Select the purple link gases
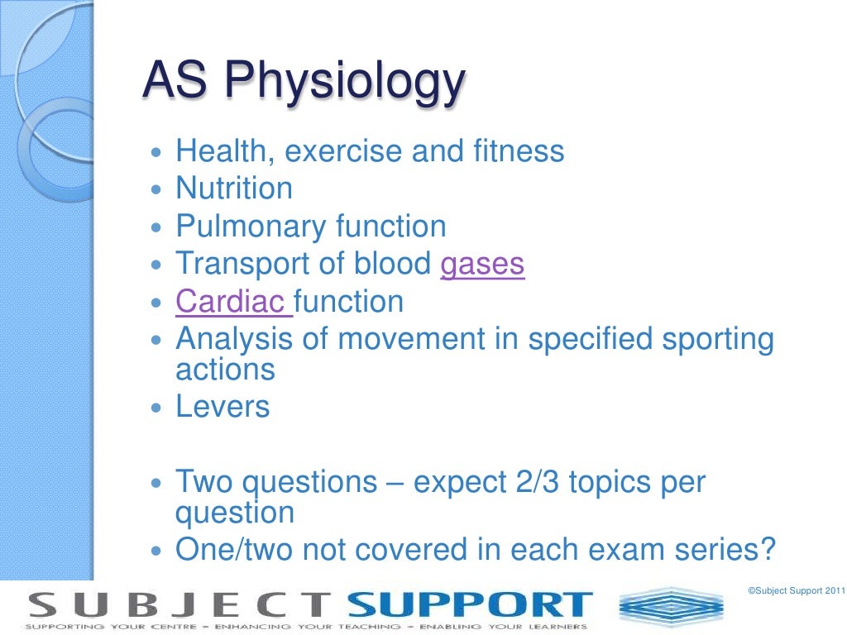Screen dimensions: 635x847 (x=482, y=264)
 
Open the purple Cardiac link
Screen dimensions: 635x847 (x=232, y=301)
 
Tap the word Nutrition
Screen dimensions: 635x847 (x=234, y=189)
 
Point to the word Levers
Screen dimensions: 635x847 (x=223, y=407)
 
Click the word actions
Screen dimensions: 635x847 (x=225, y=370)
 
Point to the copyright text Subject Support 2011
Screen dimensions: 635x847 (x=796, y=590)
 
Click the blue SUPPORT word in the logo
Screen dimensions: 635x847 (x=470, y=606)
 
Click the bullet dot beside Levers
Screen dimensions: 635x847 (x=160, y=408)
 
